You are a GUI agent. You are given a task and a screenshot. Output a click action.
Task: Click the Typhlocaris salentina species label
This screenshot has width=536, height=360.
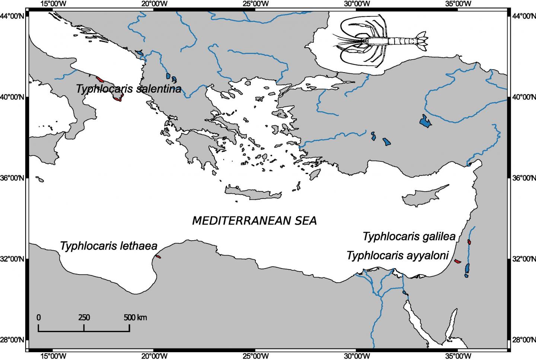[128, 89]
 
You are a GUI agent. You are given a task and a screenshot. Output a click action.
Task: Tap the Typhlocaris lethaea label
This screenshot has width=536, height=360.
[109, 246]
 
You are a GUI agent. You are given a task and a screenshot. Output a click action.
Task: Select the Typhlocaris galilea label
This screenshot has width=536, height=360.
[409, 237]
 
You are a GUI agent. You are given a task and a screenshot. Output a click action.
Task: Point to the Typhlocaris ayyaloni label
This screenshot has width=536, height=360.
[398, 255]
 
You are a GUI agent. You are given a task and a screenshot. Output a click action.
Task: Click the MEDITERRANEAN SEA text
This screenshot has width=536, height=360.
[254, 221]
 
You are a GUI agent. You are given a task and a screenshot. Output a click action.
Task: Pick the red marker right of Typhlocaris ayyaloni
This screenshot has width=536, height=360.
[458, 261]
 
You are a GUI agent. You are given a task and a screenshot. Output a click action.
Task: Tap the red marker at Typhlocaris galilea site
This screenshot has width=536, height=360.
[469, 242]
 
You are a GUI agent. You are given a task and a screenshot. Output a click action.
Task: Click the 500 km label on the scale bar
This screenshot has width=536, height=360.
[135, 318]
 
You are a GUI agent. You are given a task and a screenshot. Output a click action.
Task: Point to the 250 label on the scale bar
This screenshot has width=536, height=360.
[84, 318]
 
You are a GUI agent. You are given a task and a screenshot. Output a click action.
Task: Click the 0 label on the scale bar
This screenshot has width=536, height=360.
[38, 318]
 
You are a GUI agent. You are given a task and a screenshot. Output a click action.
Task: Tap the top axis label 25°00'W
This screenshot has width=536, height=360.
[255, 4]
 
